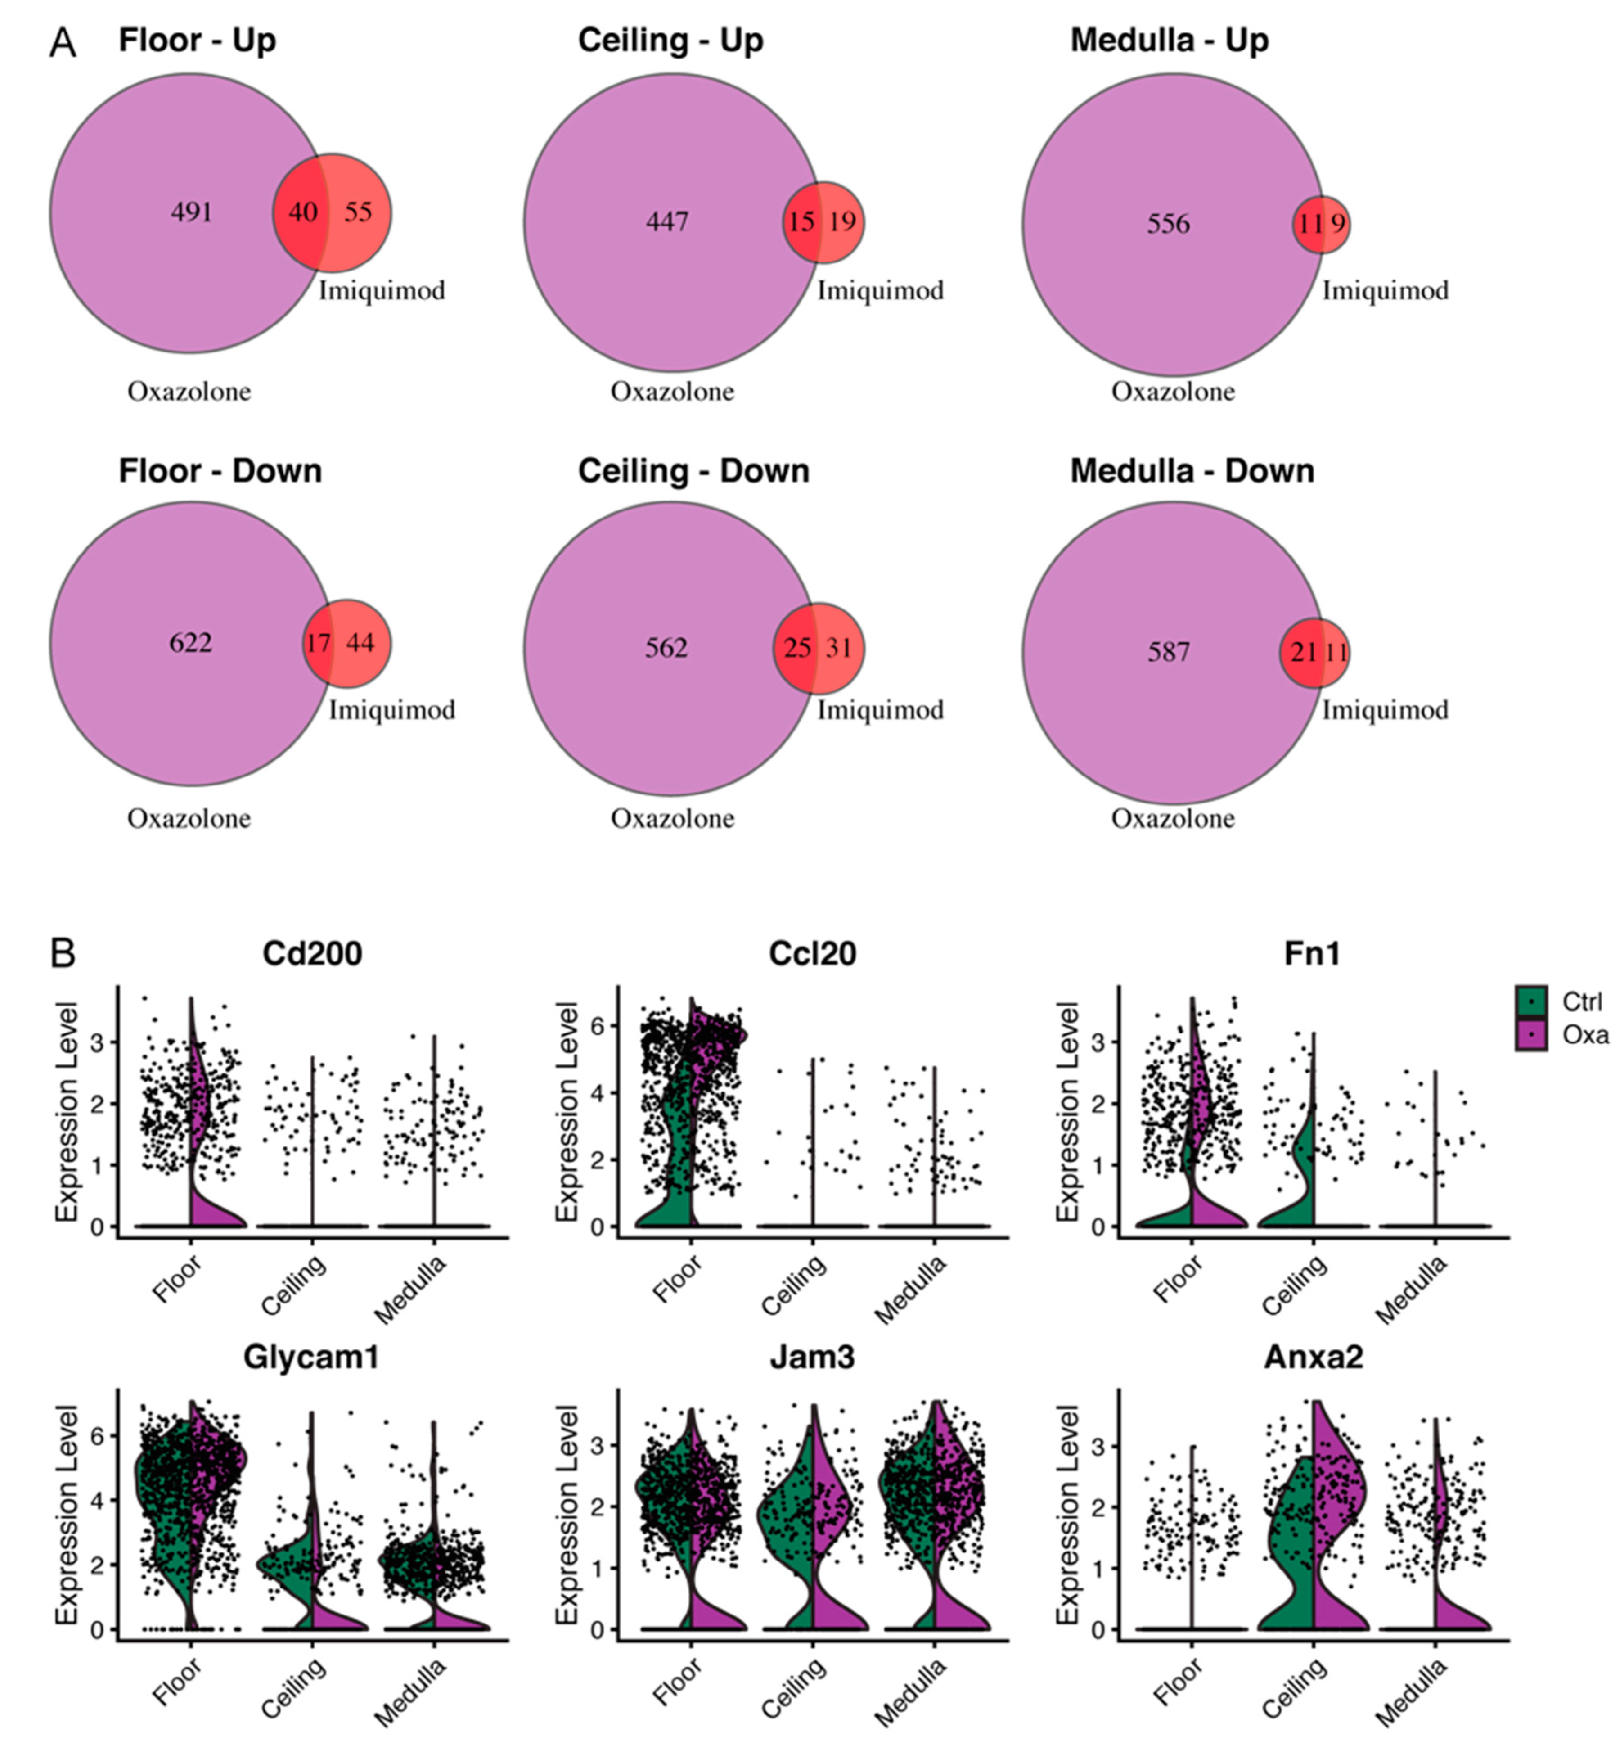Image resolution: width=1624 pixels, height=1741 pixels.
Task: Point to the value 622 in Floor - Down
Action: (x=191, y=643)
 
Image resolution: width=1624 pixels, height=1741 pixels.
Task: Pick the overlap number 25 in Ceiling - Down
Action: (x=796, y=648)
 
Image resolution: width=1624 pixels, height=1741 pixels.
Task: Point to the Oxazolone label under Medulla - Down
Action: (x=1173, y=819)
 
